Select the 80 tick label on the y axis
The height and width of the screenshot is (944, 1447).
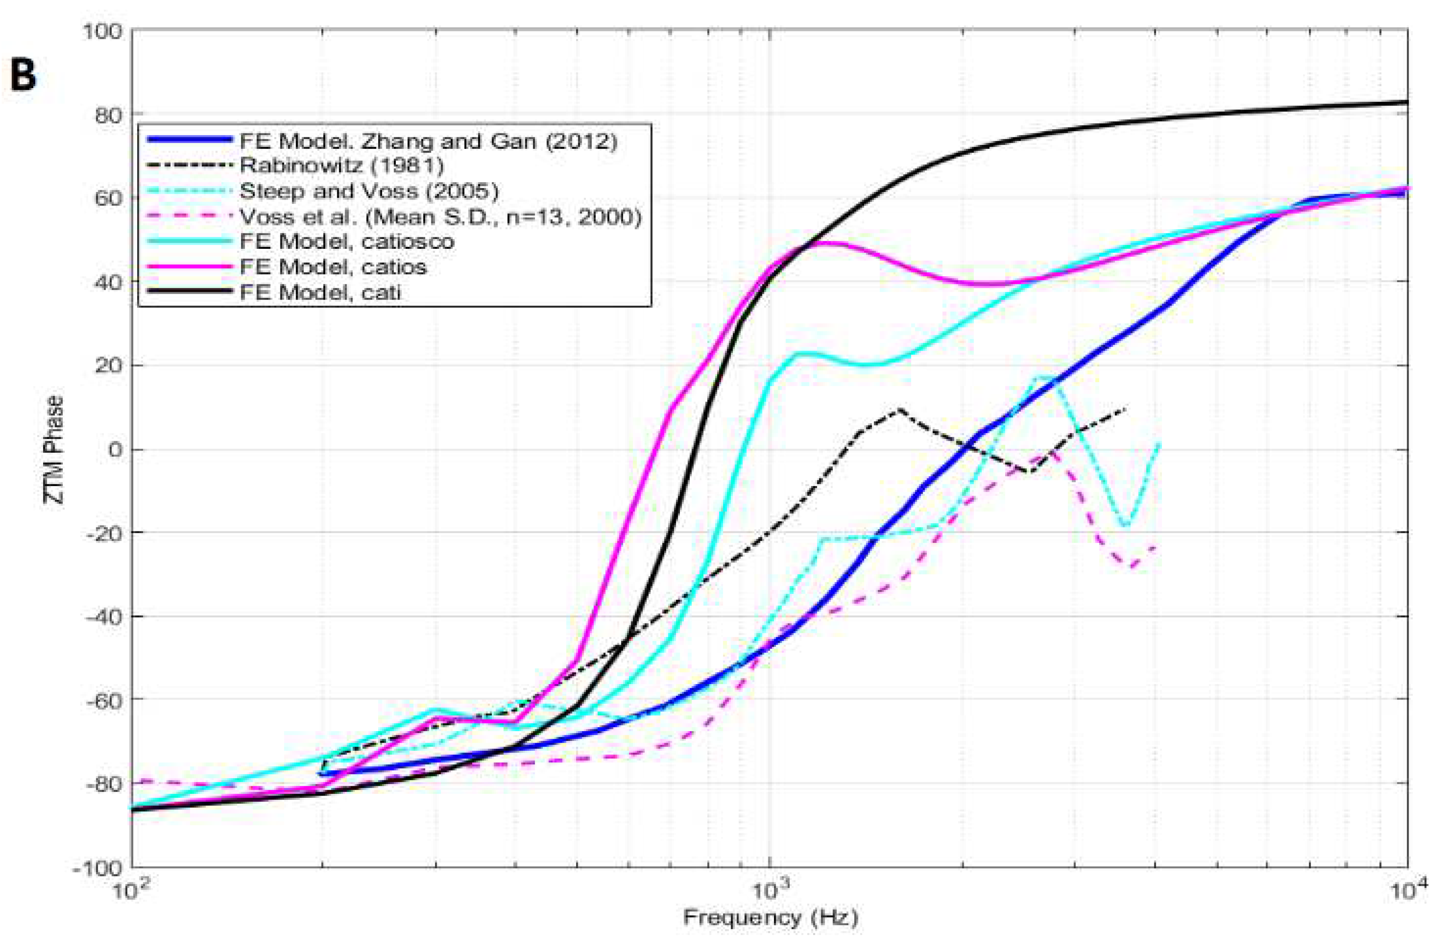pos(107,114)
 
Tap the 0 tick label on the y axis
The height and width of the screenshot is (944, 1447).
pos(114,450)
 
